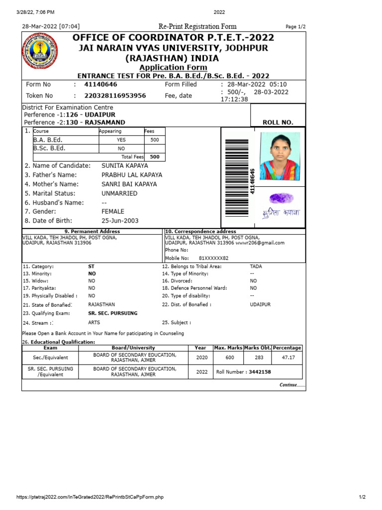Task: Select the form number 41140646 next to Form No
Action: click(x=101, y=85)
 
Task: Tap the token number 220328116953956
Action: click(x=115, y=96)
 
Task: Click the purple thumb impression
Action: click(x=281, y=198)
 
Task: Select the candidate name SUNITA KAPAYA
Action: click(x=124, y=165)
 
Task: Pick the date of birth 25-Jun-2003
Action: click(x=120, y=221)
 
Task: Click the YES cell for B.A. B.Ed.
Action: click(x=121, y=140)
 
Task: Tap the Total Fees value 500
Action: click(x=155, y=156)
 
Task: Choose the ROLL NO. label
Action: click(x=278, y=122)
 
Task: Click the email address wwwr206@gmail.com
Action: click(x=260, y=243)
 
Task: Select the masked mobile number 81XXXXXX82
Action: click(x=213, y=258)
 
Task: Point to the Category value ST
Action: click(x=92, y=266)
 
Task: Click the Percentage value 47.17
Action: click(x=288, y=358)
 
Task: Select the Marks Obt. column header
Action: click(x=257, y=348)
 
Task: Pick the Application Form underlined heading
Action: click(x=173, y=68)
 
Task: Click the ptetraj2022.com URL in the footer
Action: click(x=90, y=497)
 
